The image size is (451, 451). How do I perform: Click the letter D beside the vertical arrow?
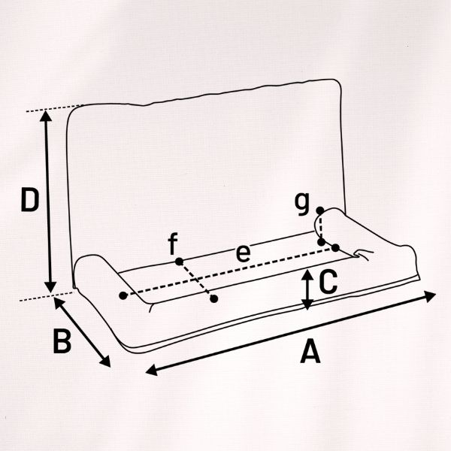[29, 200]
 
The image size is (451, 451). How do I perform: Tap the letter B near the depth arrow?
[62, 341]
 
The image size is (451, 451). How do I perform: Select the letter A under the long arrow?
[310, 351]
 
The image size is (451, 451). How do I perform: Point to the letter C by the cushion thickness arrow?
[328, 281]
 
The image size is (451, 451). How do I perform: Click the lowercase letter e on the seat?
[243, 254]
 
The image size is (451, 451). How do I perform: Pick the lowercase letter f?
[173, 244]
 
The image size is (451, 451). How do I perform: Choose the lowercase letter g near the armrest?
[302, 204]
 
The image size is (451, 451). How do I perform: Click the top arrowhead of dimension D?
[46, 116]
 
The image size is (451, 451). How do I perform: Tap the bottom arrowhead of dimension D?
[50, 287]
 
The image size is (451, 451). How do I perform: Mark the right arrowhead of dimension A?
[431, 296]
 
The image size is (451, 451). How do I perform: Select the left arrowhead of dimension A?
[152, 370]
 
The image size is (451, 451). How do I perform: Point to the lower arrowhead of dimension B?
[105, 362]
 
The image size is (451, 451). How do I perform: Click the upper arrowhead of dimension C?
[307, 274]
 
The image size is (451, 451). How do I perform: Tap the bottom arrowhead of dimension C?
[307, 304]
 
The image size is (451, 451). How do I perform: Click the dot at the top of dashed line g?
[320, 210]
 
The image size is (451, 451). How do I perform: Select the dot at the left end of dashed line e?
[123, 295]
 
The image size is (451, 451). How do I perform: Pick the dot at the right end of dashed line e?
[335, 247]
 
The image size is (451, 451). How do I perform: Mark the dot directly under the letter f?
[179, 262]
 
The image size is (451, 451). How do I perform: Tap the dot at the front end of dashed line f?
[213, 299]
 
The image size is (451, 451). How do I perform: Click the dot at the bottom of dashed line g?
[321, 242]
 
